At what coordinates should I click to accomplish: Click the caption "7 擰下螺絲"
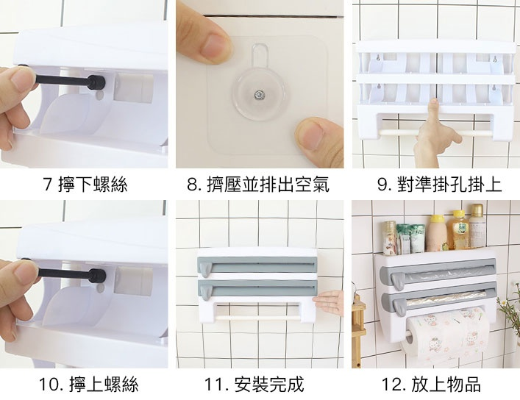click(85, 185)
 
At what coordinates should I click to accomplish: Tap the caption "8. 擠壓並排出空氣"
click(258, 185)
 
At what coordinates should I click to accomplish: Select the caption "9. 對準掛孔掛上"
click(439, 185)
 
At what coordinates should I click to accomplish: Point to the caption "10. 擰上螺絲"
click(88, 385)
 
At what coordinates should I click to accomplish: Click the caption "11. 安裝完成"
click(254, 385)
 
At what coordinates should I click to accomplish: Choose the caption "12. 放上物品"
click(431, 385)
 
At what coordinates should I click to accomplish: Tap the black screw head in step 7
click(96, 82)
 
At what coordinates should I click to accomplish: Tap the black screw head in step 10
click(97, 276)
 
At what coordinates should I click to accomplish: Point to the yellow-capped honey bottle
click(457, 230)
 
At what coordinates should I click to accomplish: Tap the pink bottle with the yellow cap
click(436, 233)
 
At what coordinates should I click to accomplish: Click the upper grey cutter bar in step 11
click(257, 265)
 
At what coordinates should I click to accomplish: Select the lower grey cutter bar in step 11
click(257, 288)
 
